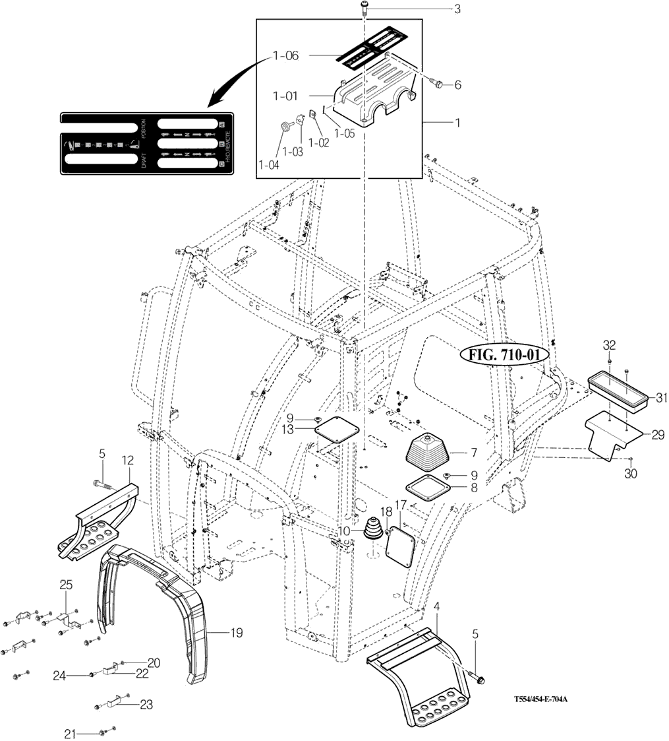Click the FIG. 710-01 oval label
click(x=504, y=355)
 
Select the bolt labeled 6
click(x=435, y=83)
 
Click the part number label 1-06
click(x=285, y=56)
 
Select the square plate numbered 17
click(x=401, y=545)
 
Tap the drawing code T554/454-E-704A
click(x=541, y=699)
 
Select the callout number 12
click(x=128, y=459)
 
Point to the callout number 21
click(x=71, y=733)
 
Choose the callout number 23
click(x=146, y=705)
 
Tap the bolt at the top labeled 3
click(x=364, y=8)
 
